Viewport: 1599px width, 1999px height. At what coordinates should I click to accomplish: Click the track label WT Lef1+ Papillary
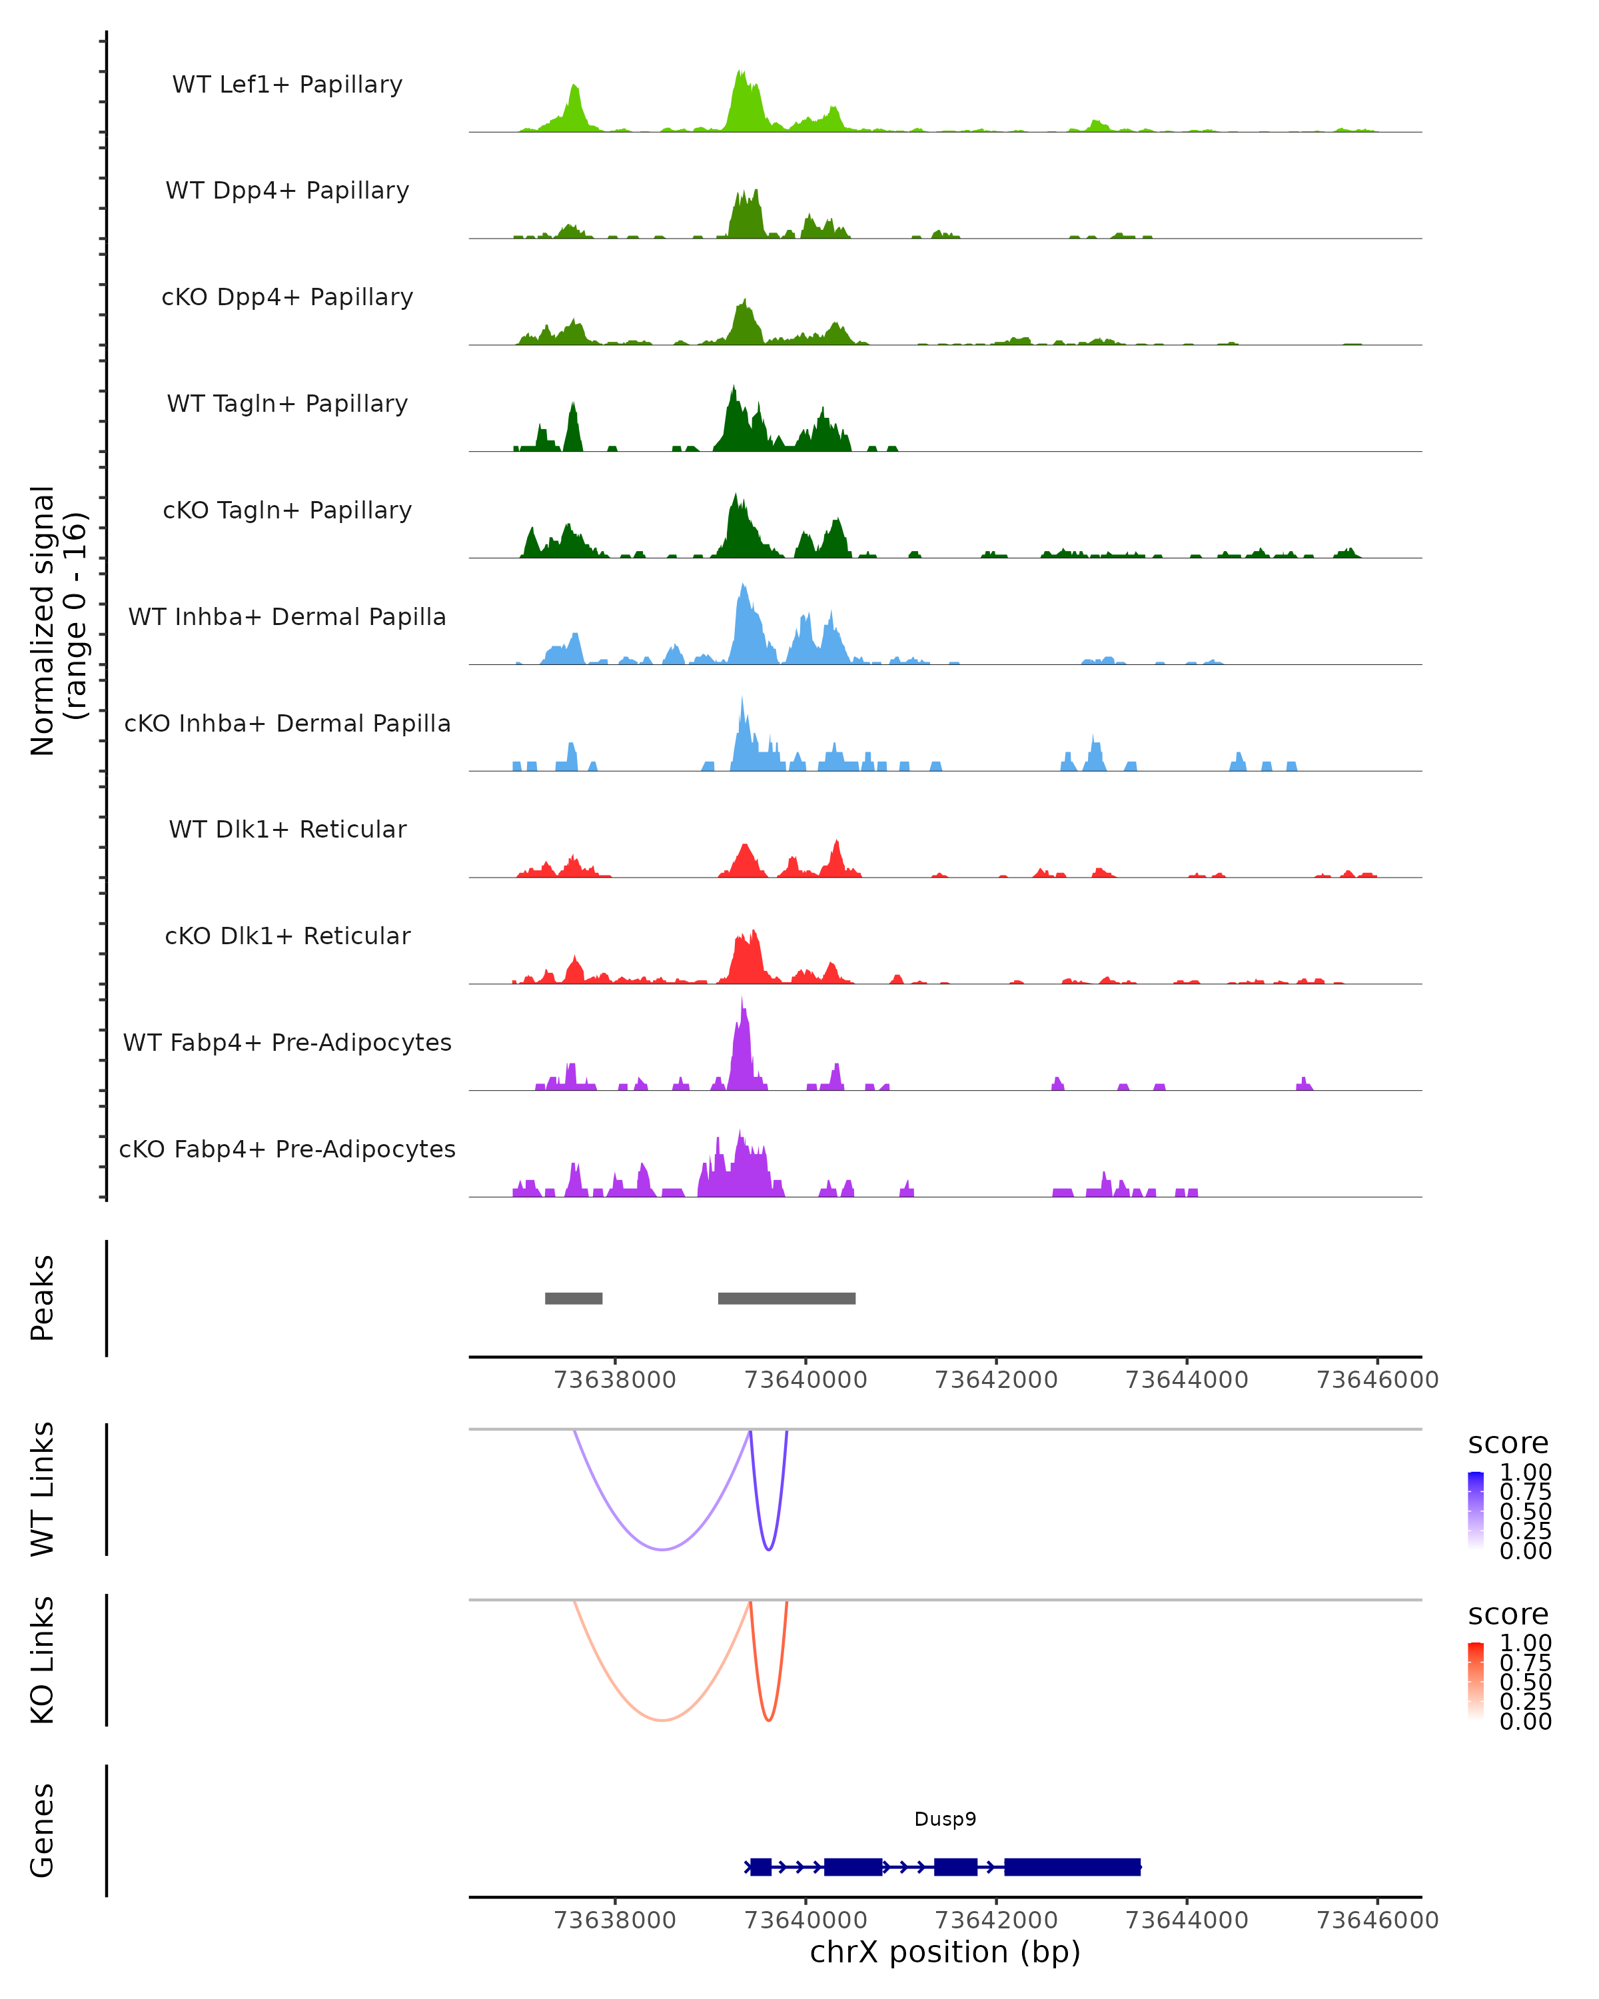(x=287, y=85)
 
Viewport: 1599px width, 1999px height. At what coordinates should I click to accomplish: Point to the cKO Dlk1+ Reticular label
(x=287, y=936)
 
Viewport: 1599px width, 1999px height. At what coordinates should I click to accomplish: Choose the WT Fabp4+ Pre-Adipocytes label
(x=287, y=1042)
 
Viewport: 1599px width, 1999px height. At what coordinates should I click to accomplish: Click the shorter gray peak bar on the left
(x=574, y=1298)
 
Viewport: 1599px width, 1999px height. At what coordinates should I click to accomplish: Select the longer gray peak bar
(x=786, y=1298)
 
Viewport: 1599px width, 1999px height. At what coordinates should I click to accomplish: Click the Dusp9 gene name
(x=945, y=1818)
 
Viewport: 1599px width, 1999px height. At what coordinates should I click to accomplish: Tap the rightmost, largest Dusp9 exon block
(x=1073, y=1866)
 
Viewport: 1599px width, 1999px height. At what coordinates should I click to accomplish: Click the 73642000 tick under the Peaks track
(x=997, y=1380)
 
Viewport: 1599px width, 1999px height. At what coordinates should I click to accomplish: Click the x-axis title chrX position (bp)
(x=945, y=1952)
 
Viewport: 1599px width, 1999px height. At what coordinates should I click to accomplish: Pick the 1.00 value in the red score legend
(x=1526, y=1643)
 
